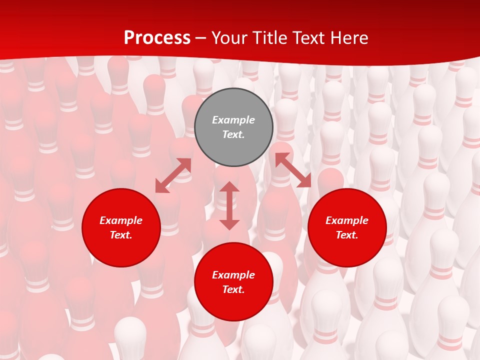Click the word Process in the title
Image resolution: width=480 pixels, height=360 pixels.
click(x=157, y=38)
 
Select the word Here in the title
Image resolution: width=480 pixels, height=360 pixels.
click(x=348, y=38)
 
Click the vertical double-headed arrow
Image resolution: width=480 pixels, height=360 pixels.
click(x=229, y=205)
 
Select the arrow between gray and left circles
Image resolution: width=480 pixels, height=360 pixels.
click(x=173, y=175)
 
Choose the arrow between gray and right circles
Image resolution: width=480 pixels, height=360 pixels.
click(x=293, y=170)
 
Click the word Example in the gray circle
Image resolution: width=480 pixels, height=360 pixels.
click(x=233, y=120)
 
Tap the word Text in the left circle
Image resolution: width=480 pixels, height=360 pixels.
click(x=121, y=235)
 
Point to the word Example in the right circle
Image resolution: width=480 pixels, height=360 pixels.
click(x=347, y=220)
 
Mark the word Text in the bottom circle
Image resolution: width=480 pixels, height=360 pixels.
click(x=233, y=289)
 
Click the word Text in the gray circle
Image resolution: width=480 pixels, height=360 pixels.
click(x=233, y=134)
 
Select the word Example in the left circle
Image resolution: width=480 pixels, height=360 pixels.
click(x=121, y=220)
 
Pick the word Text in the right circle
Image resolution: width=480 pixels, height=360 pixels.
click(x=347, y=235)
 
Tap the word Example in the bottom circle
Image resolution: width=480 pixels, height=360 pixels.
click(x=233, y=275)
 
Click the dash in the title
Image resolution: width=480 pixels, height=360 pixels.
click(x=201, y=38)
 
